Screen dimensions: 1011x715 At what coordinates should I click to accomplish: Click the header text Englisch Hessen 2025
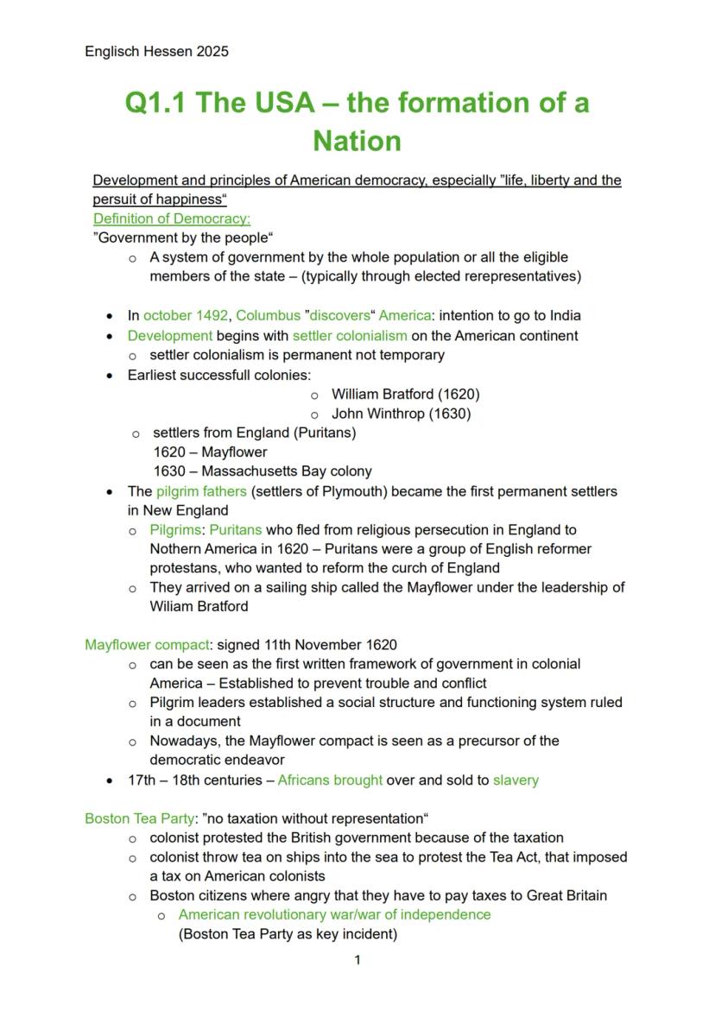[x=156, y=52]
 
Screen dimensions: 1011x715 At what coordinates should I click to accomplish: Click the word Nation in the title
[x=357, y=141]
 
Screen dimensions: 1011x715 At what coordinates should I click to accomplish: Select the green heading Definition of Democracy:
[x=171, y=219]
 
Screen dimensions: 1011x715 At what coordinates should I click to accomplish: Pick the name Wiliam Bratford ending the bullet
[x=199, y=607]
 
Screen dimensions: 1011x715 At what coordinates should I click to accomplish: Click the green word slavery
[x=516, y=780]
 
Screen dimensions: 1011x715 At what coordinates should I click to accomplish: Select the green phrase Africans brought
[x=330, y=780]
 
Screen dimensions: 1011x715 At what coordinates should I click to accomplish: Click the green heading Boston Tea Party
[x=139, y=818]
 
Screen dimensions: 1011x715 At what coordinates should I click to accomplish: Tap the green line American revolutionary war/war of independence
[x=334, y=915]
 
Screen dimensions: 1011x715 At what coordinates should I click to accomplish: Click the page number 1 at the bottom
[x=357, y=960]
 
